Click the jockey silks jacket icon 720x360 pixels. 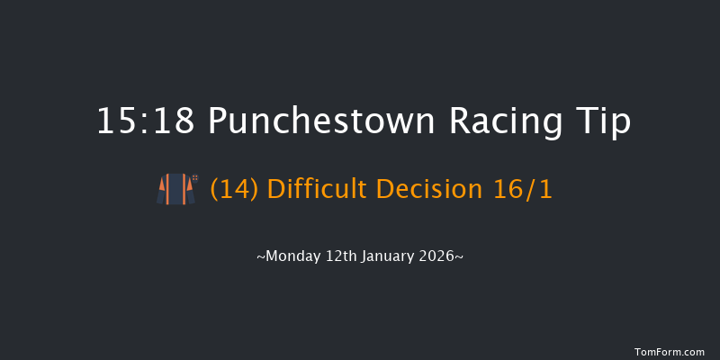pyautogui.click(x=175, y=190)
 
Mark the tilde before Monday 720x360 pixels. pyautogui.click(x=260, y=257)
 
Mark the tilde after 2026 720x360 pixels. pyautogui.click(x=460, y=257)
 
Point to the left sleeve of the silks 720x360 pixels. pyautogui.click(x=161, y=191)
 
